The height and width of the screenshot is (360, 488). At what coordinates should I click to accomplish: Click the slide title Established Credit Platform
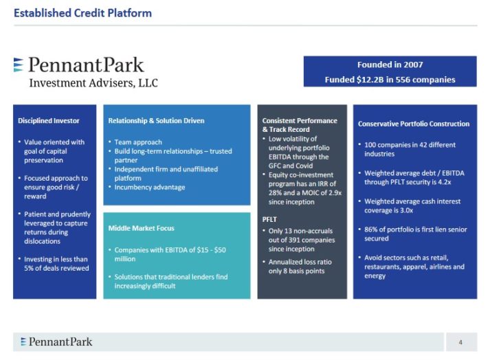(x=82, y=13)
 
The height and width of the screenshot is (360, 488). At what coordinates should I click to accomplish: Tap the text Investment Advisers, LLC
(x=93, y=83)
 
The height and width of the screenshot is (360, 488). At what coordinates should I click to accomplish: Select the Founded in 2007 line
(x=390, y=65)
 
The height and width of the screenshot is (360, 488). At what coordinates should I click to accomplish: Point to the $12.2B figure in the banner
(x=372, y=80)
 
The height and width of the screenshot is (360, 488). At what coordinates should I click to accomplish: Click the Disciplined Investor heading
(x=48, y=121)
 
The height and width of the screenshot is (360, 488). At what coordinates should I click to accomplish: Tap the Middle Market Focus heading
(x=141, y=227)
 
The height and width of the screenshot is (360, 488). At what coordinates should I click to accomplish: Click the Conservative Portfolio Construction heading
(x=414, y=124)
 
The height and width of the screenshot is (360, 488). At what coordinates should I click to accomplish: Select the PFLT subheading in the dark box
(x=270, y=219)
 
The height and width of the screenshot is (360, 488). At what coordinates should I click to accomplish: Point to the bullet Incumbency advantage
(x=149, y=187)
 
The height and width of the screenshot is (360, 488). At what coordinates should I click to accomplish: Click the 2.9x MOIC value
(x=331, y=192)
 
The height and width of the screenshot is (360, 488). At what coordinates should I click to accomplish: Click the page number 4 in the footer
(x=461, y=342)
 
